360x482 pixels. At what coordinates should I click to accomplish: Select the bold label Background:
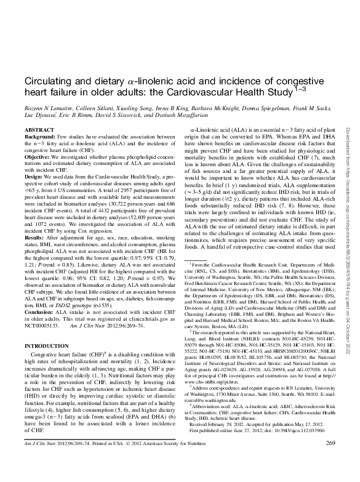(x=39, y=138)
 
